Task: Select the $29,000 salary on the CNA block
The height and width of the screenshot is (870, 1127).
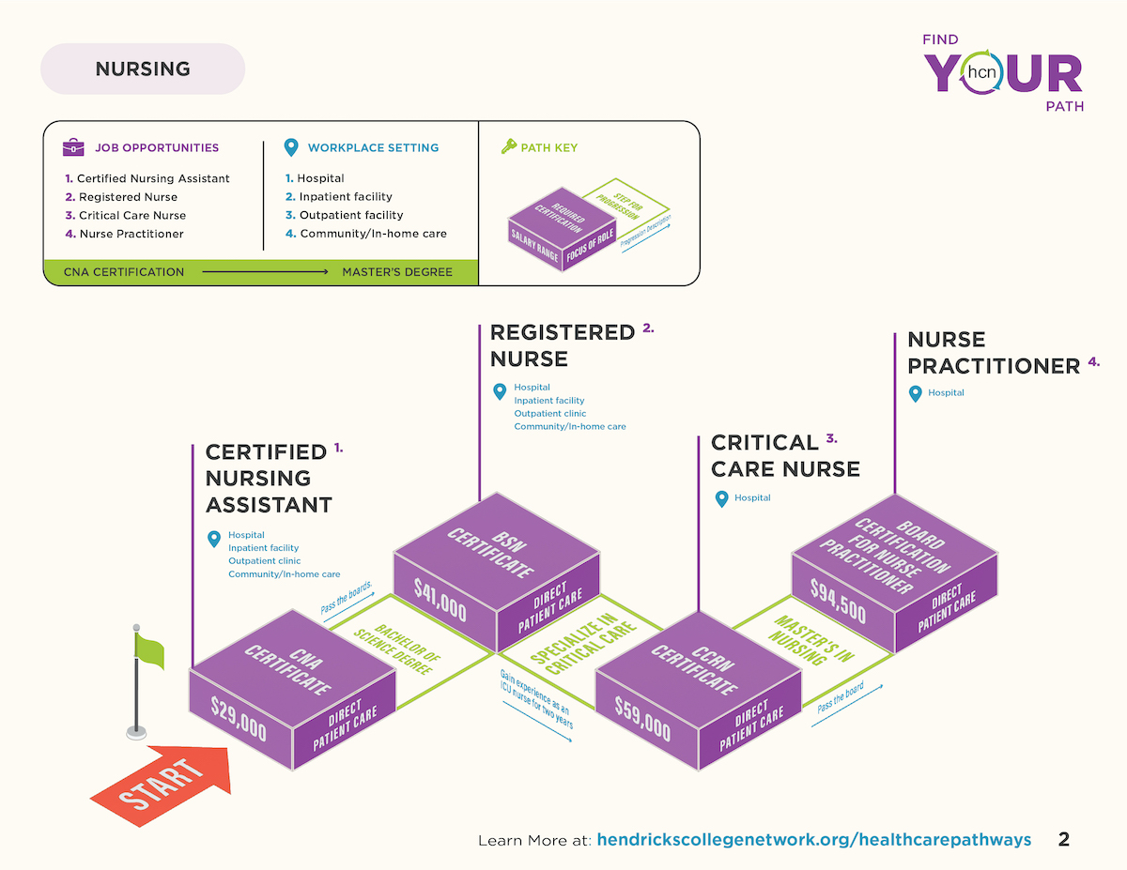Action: click(239, 719)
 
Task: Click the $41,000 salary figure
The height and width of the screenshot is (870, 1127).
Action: click(440, 600)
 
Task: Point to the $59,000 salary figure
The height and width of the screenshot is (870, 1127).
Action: click(642, 719)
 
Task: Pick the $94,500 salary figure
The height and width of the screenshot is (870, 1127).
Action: click(838, 601)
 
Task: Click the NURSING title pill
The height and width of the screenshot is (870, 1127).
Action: click(143, 69)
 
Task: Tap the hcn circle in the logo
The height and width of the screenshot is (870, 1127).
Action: click(981, 72)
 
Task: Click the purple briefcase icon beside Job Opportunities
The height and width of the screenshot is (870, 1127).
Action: click(73, 147)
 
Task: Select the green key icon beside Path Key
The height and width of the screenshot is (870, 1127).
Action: click(509, 146)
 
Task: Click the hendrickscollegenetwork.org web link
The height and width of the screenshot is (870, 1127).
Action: click(813, 839)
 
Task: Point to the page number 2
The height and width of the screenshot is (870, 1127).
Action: click(1064, 839)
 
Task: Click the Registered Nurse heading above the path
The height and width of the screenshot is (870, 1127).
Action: click(563, 345)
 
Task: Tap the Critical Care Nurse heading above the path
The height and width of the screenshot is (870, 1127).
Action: click(785, 456)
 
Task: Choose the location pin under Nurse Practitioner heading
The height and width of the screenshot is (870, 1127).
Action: click(916, 394)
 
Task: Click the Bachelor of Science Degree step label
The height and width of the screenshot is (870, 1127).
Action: click(397, 649)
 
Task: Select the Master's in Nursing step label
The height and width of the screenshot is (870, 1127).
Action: click(811, 640)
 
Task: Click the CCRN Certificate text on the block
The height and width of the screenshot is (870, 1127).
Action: click(695, 669)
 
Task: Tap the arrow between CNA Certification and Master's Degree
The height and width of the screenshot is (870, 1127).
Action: click(265, 271)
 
